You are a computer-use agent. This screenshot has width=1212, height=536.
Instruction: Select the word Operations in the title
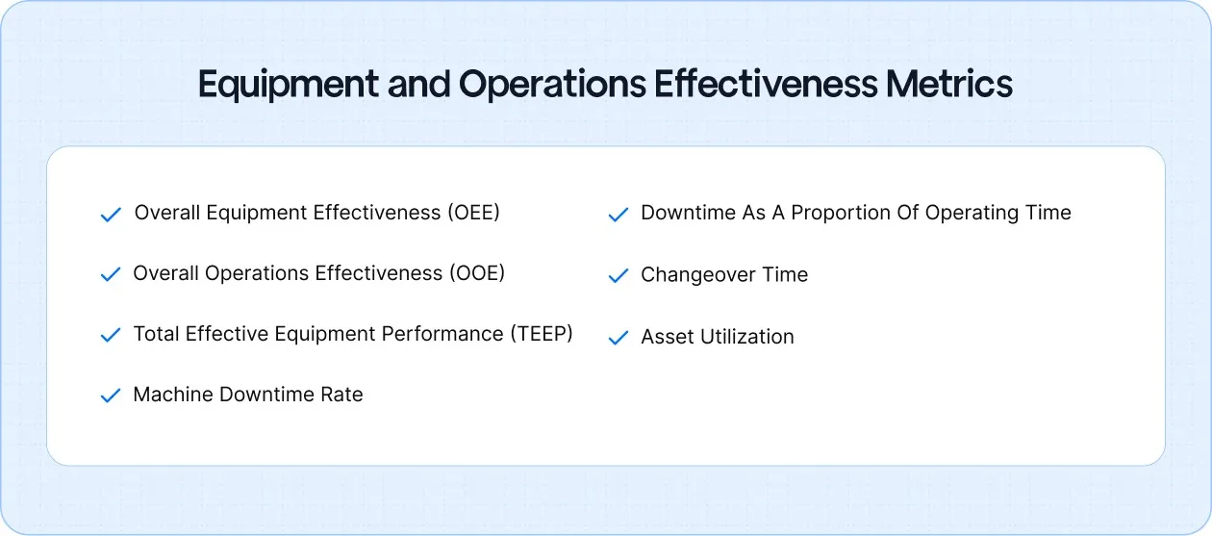(x=552, y=85)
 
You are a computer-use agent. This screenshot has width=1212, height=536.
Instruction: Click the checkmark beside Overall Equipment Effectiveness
(x=111, y=215)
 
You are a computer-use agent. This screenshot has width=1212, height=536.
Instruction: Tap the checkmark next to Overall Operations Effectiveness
(x=111, y=275)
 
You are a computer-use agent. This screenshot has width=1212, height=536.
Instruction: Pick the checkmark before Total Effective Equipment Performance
(x=111, y=336)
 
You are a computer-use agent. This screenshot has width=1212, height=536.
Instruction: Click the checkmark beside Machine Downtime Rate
(x=111, y=396)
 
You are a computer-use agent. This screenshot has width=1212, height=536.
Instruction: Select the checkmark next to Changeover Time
(x=618, y=276)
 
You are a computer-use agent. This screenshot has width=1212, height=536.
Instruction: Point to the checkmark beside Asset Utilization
(x=618, y=338)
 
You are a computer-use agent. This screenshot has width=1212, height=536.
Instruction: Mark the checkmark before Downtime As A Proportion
(x=618, y=215)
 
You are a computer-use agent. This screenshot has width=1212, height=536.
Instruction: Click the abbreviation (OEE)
(x=473, y=213)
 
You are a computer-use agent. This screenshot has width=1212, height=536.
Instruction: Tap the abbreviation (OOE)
(x=476, y=273)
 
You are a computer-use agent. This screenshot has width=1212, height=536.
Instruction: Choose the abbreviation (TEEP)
(x=540, y=334)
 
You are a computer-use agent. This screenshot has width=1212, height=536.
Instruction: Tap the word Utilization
(x=748, y=337)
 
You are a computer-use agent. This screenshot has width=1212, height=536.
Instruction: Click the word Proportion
(x=843, y=214)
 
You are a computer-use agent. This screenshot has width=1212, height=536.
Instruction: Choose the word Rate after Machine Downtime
(x=341, y=395)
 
